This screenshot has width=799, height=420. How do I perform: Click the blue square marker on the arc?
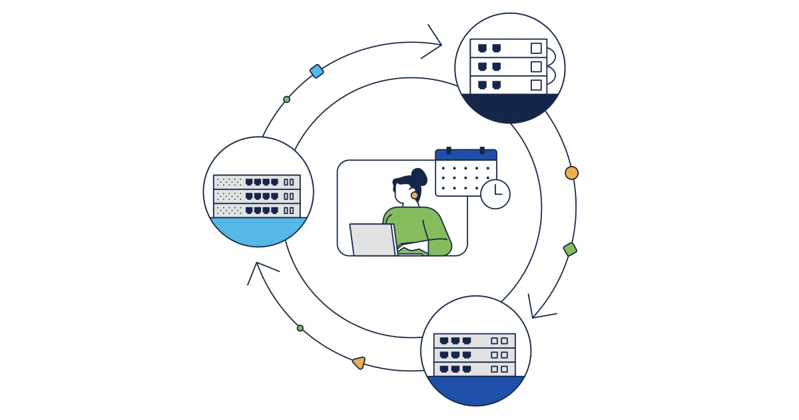[x=317, y=71]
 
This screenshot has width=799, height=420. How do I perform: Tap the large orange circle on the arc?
[x=571, y=173]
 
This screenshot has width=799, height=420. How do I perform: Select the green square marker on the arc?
[x=570, y=249]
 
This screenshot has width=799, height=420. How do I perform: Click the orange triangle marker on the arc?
[x=359, y=363]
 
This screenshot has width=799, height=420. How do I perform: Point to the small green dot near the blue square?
[x=287, y=99]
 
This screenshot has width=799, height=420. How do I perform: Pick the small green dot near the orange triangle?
[x=300, y=328]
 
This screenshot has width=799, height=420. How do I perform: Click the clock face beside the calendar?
[x=495, y=194]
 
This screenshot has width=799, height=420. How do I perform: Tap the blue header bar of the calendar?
[x=465, y=155]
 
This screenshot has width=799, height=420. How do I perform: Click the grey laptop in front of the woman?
[x=372, y=239]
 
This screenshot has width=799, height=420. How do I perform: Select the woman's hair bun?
[x=419, y=177]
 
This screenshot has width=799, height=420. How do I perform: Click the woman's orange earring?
[x=414, y=195]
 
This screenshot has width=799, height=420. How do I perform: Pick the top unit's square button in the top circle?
[x=536, y=48]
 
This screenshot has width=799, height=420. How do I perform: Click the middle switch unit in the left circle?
[x=256, y=196]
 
